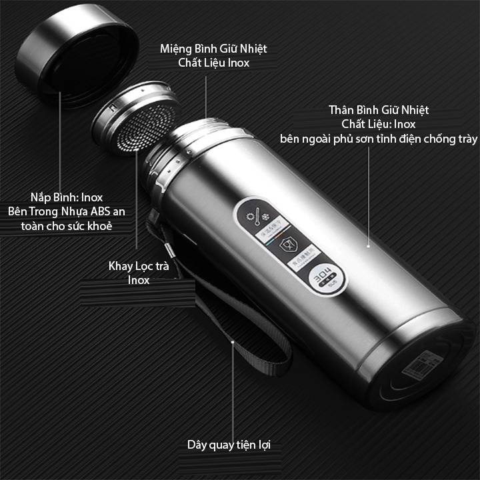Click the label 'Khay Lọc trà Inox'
point(139,273)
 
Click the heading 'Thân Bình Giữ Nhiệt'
point(379,109)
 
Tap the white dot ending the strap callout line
point(233,342)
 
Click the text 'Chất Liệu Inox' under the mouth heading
point(214,63)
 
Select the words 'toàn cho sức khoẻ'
point(75,226)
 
